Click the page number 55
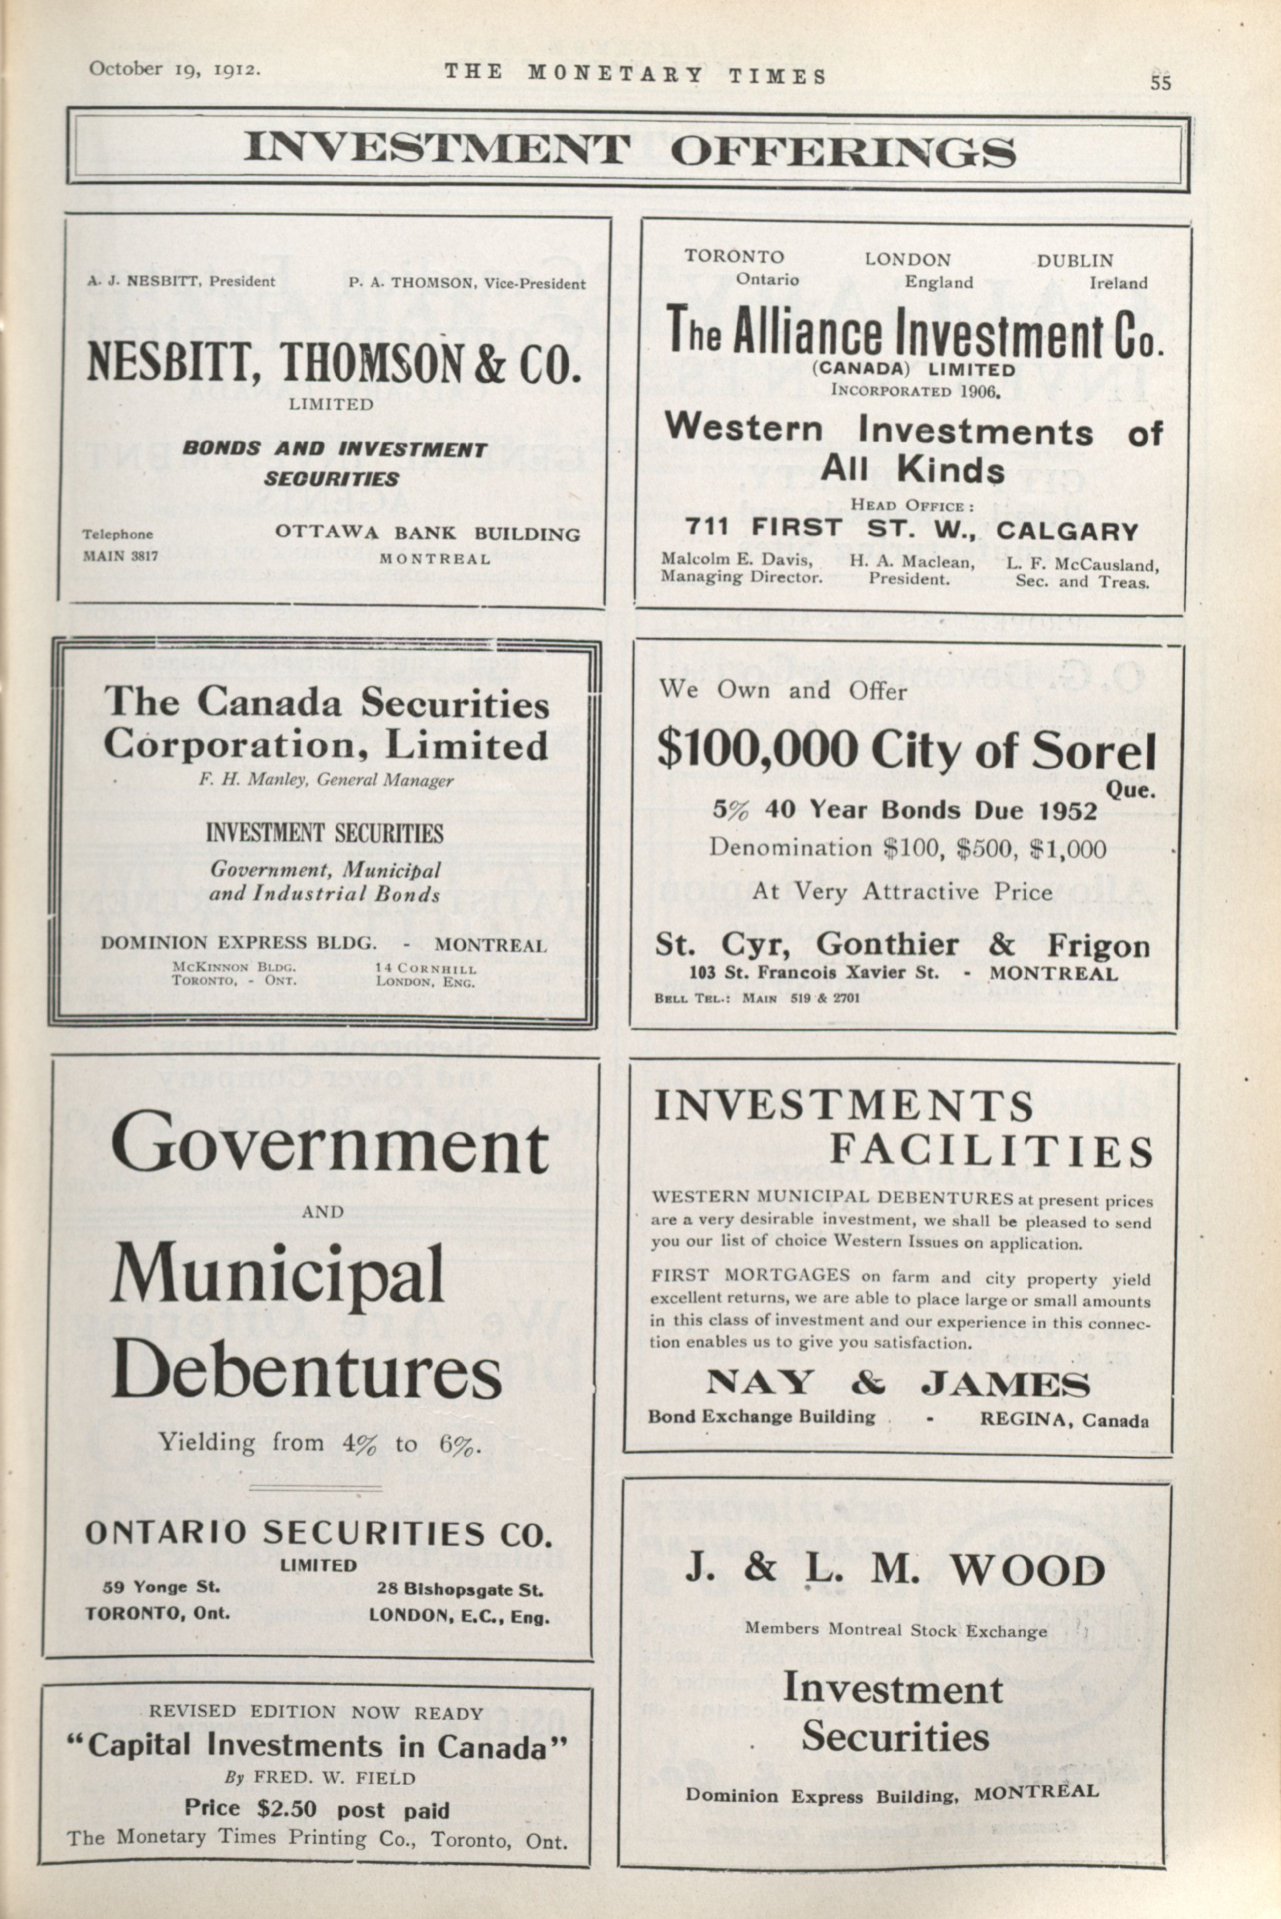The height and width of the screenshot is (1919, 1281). pos(1160,82)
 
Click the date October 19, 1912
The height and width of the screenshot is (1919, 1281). pos(175,68)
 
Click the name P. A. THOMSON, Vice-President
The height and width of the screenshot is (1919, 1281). pos(466,284)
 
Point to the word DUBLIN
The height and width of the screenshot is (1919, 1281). pos(1075,261)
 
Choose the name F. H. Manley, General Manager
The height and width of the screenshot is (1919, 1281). pos(326,780)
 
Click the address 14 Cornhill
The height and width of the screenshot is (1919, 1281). pos(426,969)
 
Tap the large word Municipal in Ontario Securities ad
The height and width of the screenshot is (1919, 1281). pos(277,1276)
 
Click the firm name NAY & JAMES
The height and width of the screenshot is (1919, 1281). pos(897,1383)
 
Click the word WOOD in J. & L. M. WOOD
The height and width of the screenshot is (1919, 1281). pos(1026,1572)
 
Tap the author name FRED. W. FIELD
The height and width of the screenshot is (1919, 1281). pos(334,1777)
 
